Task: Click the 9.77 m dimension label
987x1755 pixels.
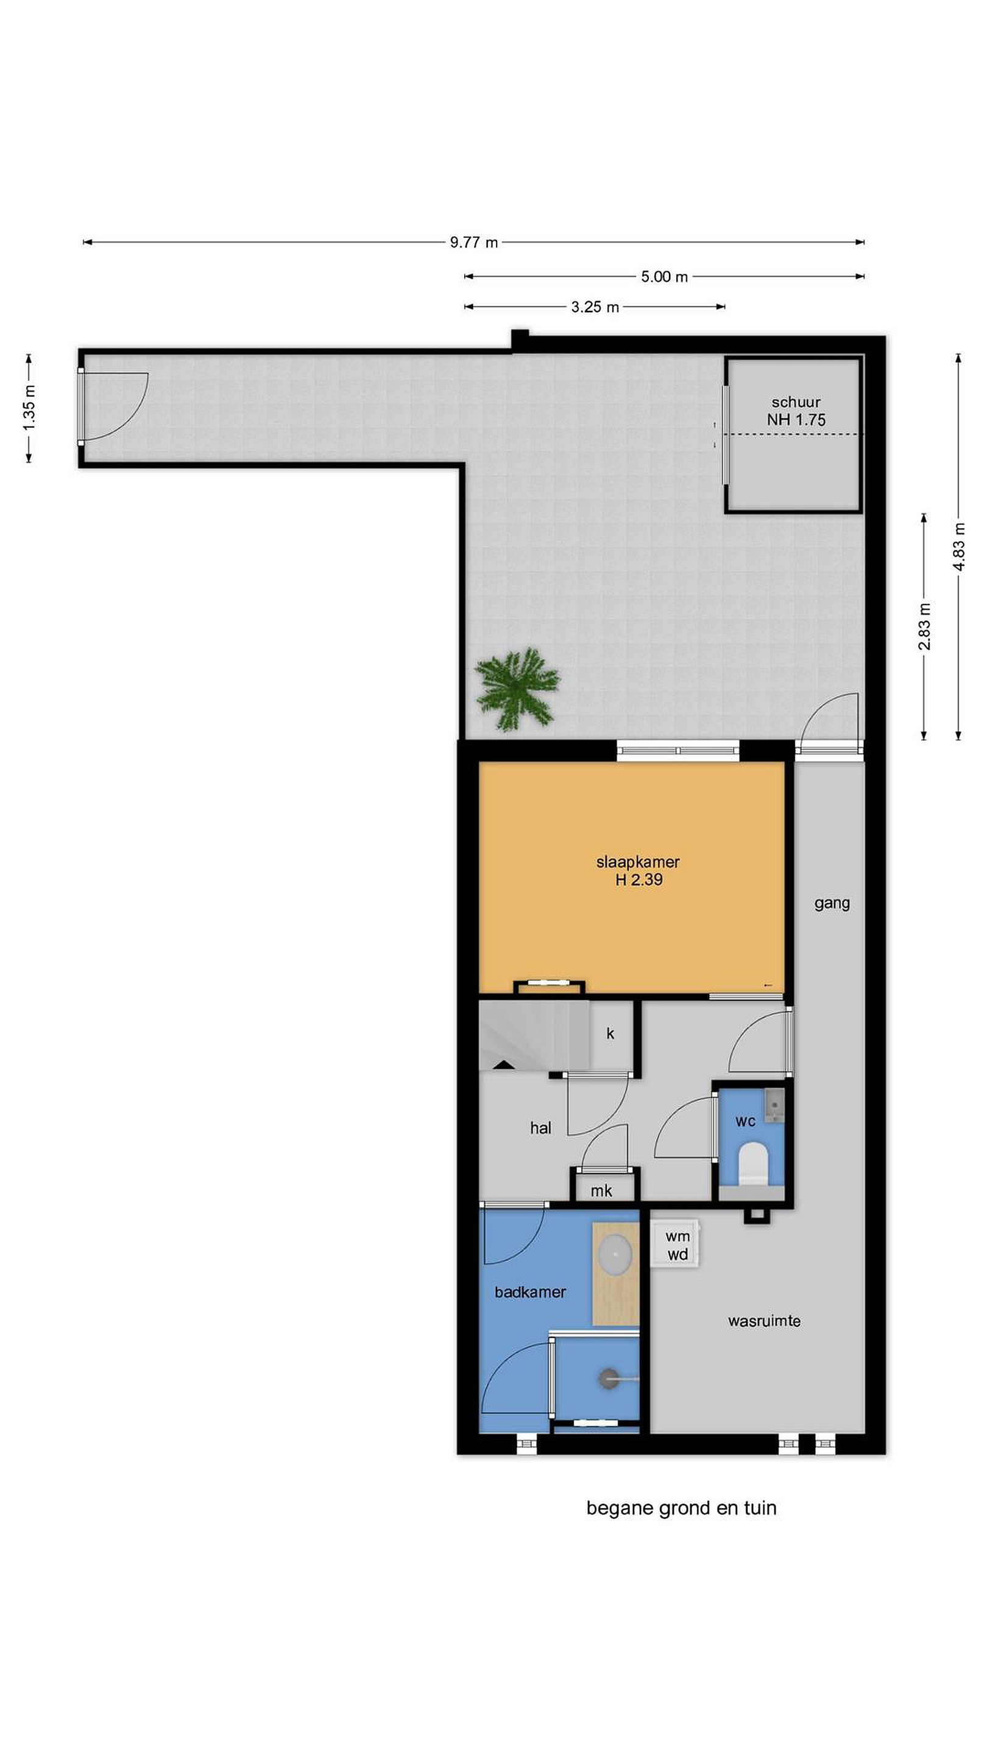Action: [473, 242]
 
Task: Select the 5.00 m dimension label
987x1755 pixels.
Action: [664, 277]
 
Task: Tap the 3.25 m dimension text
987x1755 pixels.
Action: [595, 307]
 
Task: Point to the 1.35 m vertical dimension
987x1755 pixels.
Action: [29, 408]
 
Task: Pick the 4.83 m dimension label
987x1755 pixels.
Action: [958, 547]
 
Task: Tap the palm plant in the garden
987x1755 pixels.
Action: [517, 689]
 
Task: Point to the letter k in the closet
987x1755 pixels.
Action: [610, 1033]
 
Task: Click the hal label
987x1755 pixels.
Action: [540, 1127]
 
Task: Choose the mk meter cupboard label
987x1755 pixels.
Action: [601, 1190]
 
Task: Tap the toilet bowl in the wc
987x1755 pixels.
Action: [754, 1161]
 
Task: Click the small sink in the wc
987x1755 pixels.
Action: [774, 1105]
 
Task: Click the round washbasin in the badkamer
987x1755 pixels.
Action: [616, 1250]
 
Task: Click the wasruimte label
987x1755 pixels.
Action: [764, 1321]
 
